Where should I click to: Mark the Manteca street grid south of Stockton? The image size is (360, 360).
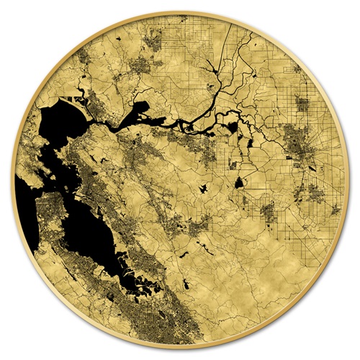[x=314, y=191]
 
